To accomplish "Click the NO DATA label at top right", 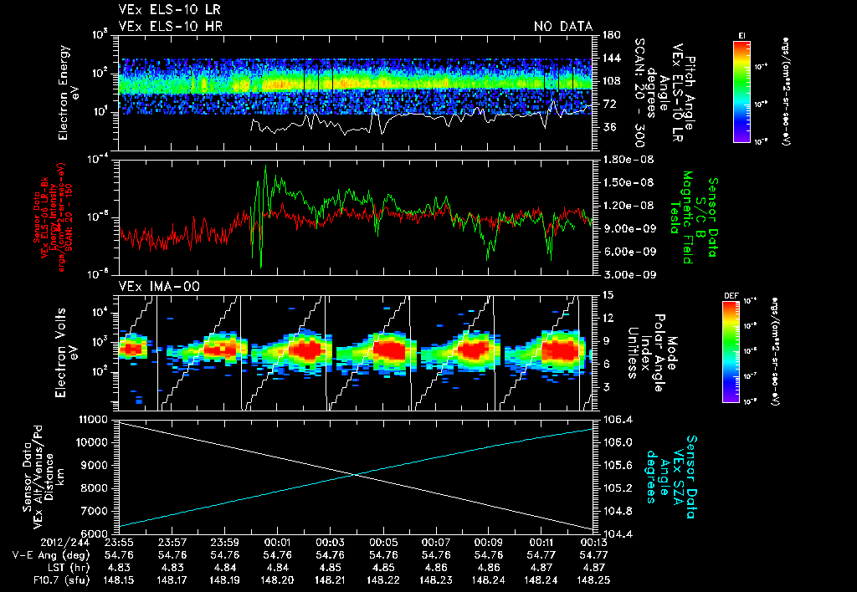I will coord(563,27).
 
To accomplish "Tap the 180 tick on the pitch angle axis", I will coord(610,35).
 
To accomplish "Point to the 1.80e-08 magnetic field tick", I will coord(624,159).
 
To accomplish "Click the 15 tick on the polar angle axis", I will coord(606,294).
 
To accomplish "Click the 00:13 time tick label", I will coord(593,542).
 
